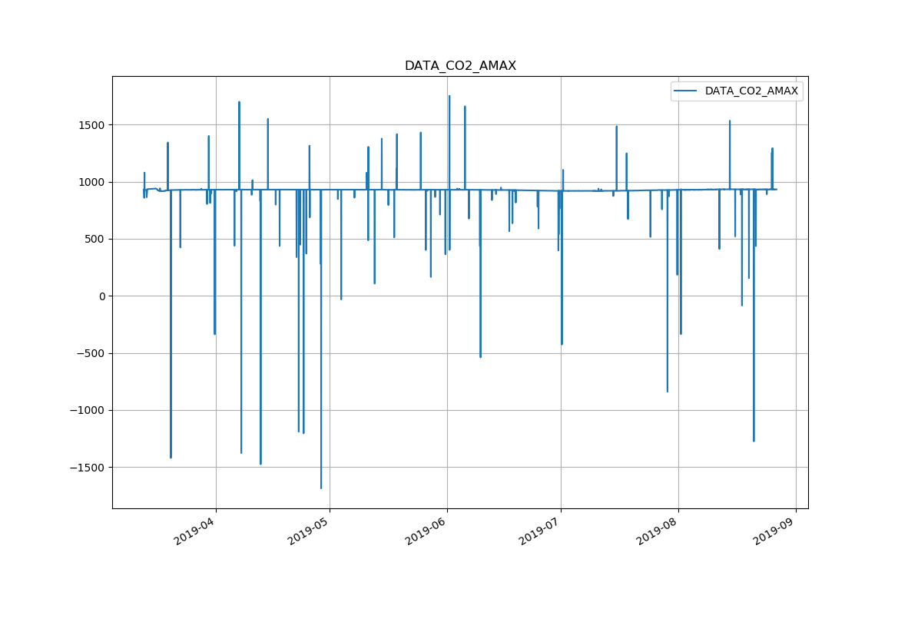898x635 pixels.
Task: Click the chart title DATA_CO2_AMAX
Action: coord(460,66)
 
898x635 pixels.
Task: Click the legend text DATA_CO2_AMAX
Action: coord(751,91)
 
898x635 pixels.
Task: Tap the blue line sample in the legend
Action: coord(685,91)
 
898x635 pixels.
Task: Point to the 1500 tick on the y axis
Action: coord(91,125)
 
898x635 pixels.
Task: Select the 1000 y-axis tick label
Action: coord(91,182)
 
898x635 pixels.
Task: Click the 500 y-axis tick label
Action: coord(94,239)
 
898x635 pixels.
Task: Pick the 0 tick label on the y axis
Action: coord(101,296)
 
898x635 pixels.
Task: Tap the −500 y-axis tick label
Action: coord(90,353)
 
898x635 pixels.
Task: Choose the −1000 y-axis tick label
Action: coord(87,410)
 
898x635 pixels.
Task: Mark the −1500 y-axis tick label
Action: coord(87,468)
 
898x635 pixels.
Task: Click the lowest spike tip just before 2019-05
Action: coord(321,488)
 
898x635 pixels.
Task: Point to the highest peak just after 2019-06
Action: coord(449,96)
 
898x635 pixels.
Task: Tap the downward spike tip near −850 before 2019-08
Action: coord(667,392)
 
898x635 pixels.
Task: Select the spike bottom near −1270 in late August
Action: coord(754,441)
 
